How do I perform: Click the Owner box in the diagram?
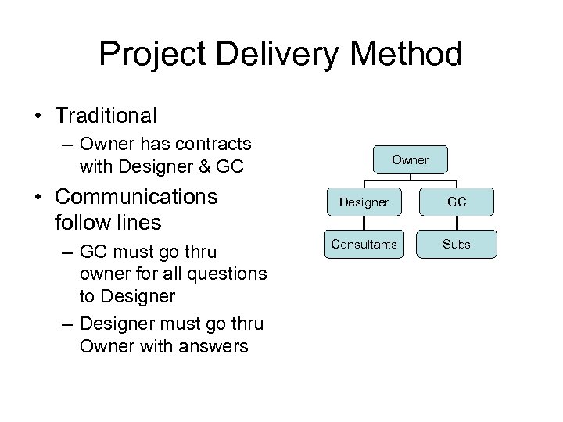[x=411, y=159]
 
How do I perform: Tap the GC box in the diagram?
[x=457, y=202]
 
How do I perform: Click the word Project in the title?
[x=149, y=55]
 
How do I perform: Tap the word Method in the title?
[x=406, y=55]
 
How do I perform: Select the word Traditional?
[x=106, y=116]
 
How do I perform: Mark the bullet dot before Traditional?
[x=38, y=116]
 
